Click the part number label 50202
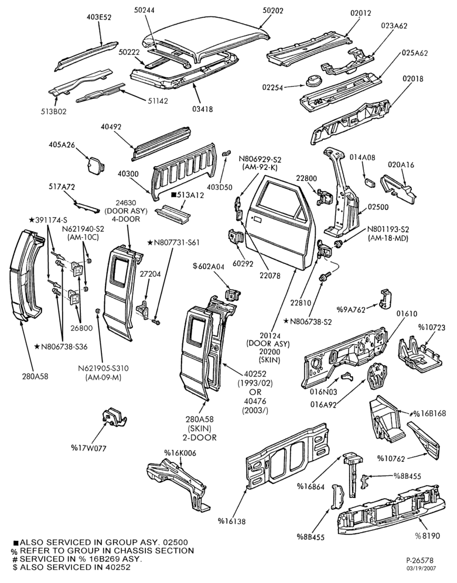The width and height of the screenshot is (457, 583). [273, 11]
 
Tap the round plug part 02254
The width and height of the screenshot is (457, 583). [313, 81]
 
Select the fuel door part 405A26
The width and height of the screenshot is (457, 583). [95, 165]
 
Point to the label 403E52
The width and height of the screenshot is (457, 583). [99, 17]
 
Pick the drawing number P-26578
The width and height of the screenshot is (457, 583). [420, 560]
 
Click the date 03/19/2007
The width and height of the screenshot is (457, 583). [421, 568]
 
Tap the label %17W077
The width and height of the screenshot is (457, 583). [88, 448]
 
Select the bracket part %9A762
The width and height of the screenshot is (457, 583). [386, 298]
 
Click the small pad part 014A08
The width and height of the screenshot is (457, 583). [369, 183]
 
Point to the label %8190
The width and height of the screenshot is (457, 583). [428, 536]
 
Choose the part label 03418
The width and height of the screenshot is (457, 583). [203, 109]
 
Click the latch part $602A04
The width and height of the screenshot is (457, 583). [233, 294]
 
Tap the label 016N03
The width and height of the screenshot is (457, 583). [323, 392]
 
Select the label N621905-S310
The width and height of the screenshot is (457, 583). [103, 368]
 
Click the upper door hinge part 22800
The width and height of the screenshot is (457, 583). [323, 195]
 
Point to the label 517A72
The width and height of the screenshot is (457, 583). [62, 187]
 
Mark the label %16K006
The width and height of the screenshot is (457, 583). [180, 453]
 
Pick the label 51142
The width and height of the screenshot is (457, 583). [157, 101]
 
